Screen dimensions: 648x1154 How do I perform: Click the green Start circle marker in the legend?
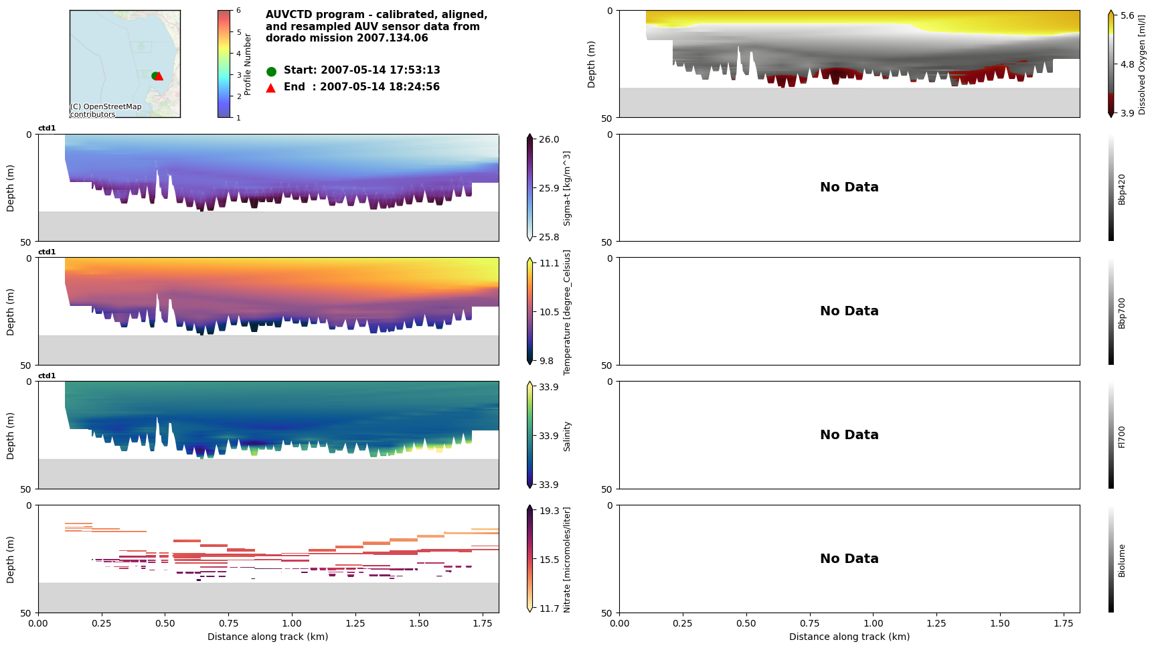[271, 71]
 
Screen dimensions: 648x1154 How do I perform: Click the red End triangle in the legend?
[271, 88]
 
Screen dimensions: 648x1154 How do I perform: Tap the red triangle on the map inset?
[159, 76]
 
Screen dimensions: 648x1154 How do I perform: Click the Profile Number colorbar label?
[248, 64]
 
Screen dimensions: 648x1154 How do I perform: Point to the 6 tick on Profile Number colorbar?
[238, 11]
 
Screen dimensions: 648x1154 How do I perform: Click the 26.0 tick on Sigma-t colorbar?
[549, 139]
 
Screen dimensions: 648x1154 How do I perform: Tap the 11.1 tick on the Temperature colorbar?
[549, 263]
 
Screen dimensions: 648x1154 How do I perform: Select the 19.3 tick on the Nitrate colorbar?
[549, 511]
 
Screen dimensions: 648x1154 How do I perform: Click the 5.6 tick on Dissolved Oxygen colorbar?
[1127, 15]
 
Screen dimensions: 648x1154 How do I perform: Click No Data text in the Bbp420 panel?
[849, 187]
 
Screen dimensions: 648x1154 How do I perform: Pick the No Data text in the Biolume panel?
[849, 559]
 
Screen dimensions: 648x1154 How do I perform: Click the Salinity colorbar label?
[567, 436]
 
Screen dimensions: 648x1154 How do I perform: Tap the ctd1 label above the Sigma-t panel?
[47, 129]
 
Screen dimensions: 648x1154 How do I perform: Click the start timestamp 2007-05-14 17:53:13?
[380, 70]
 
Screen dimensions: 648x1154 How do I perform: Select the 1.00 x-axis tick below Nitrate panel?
[291, 623]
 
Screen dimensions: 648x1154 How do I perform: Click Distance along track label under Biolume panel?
[849, 637]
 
